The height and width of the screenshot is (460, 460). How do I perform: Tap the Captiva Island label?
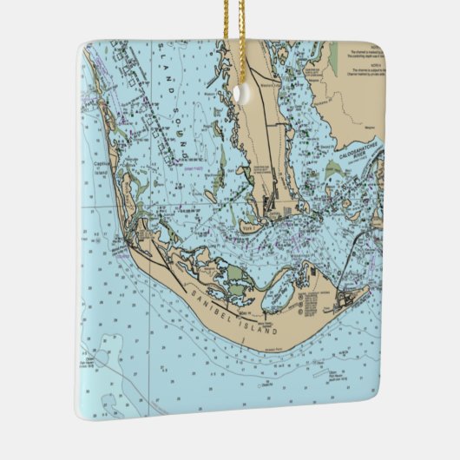point(102,166)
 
